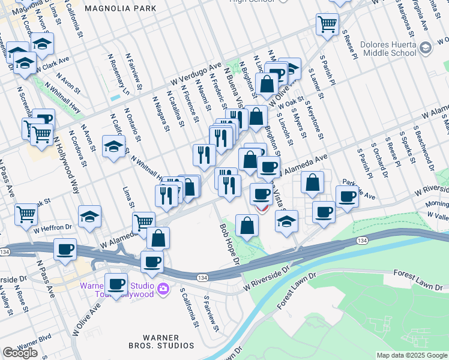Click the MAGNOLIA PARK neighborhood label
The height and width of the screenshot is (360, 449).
(x=120, y=8)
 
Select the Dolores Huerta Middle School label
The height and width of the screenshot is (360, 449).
(x=388, y=49)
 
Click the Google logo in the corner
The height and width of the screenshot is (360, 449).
(x=20, y=353)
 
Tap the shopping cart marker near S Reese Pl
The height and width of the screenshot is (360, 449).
(x=327, y=25)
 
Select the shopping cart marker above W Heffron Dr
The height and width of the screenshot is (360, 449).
(x=26, y=214)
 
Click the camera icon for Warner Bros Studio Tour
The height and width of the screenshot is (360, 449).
(x=162, y=290)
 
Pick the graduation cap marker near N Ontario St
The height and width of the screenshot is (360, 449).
(x=113, y=146)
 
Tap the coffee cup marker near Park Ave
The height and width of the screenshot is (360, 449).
(x=347, y=196)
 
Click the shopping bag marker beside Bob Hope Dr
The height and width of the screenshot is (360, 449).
(x=247, y=226)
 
